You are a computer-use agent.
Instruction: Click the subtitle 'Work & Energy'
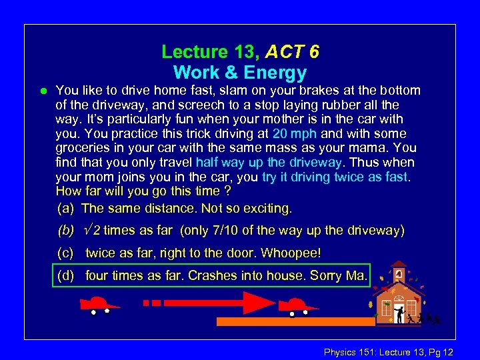coord(240,72)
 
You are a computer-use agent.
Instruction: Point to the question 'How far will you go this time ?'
coord(143,192)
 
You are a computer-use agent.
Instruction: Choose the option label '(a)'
coord(66,209)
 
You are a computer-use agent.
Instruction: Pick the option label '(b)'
coord(66,231)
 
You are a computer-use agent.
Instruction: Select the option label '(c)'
coord(66,253)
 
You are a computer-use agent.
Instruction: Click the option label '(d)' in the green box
coord(66,275)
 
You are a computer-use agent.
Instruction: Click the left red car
coord(99,305)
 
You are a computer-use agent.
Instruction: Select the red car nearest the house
coord(296,305)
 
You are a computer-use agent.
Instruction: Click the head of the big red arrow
coord(261,302)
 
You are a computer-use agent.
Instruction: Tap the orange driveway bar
coord(293,321)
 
